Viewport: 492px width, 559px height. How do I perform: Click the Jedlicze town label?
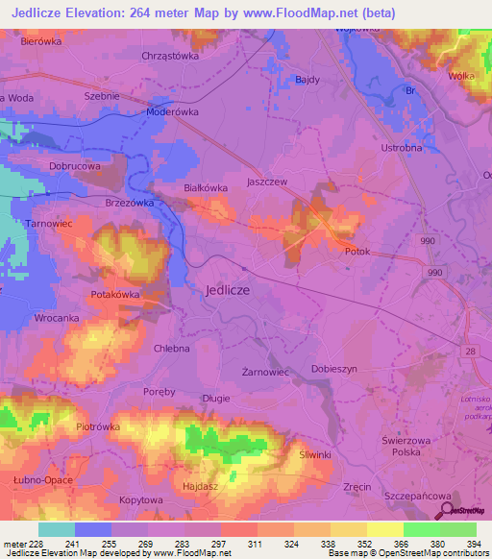click(x=228, y=289)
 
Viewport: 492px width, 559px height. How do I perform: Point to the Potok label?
click(x=357, y=251)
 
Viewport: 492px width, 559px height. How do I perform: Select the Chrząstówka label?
click(x=169, y=56)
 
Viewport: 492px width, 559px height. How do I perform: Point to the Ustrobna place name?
click(x=401, y=148)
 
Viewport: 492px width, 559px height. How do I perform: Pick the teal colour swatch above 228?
click(x=56, y=529)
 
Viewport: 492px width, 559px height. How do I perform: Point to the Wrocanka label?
click(x=56, y=316)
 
